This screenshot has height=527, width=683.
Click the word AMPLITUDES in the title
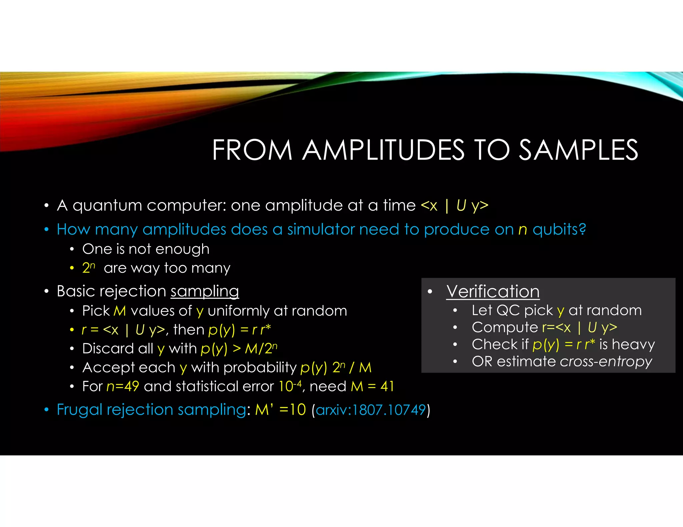click(383, 150)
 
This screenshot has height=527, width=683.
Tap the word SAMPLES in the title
click(578, 150)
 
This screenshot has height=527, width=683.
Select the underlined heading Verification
click(493, 291)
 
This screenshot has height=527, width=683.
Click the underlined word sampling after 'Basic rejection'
click(205, 291)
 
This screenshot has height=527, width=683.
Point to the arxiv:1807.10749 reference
click(371, 410)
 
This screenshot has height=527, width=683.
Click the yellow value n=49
click(123, 386)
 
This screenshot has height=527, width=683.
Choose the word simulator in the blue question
click(320, 230)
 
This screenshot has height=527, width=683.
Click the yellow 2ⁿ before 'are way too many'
click(88, 268)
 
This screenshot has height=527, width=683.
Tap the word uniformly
click(238, 311)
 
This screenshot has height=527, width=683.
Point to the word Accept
click(105, 367)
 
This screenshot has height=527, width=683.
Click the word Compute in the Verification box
click(505, 327)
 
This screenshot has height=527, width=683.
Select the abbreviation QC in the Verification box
click(508, 310)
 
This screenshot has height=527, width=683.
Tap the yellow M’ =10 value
click(280, 410)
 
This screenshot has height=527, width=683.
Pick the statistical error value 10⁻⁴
click(290, 386)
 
